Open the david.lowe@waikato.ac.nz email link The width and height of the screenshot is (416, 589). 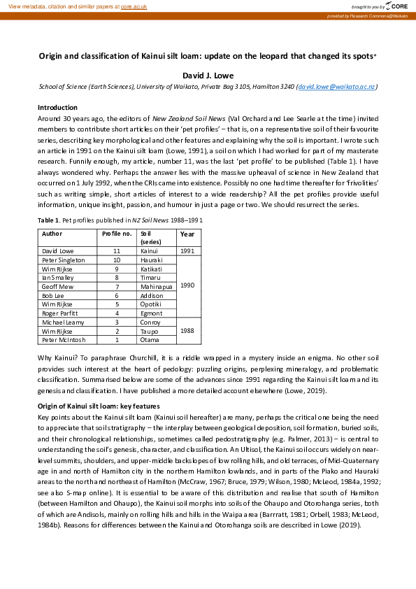coord(337,87)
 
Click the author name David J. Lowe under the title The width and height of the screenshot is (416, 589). coord(208,73)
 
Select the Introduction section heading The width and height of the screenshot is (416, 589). coord(57,108)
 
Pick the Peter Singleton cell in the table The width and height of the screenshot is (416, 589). coord(64,260)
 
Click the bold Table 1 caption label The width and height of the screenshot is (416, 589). coord(48,220)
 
